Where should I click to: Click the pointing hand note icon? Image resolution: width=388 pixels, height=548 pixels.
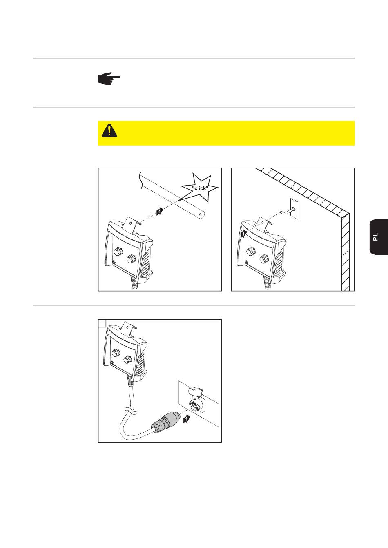(x=109, y=78)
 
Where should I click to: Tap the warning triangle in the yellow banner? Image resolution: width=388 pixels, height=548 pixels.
(x=109, y=130)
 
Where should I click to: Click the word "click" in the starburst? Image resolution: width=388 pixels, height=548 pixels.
(x=200, y=188)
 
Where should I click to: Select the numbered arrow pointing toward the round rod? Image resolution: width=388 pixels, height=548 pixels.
(x=160, y=211)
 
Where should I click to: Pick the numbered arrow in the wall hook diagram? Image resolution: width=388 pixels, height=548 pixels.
(x=243, y=234)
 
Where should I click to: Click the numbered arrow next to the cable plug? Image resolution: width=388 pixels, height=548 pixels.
(x=187, y=419)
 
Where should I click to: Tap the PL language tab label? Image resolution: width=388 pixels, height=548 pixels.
(x=375, y=237)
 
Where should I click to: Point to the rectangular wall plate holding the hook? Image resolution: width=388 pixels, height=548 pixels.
(x=294, y=208)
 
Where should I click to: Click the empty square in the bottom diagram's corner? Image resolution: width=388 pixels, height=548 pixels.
(x=102, y=323)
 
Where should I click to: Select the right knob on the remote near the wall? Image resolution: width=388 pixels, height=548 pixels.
(x=264, y=258)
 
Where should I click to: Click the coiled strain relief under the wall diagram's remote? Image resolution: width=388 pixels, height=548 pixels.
(x=267, y=283)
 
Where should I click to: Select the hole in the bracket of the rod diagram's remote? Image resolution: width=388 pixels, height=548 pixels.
(x=130, y=223)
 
